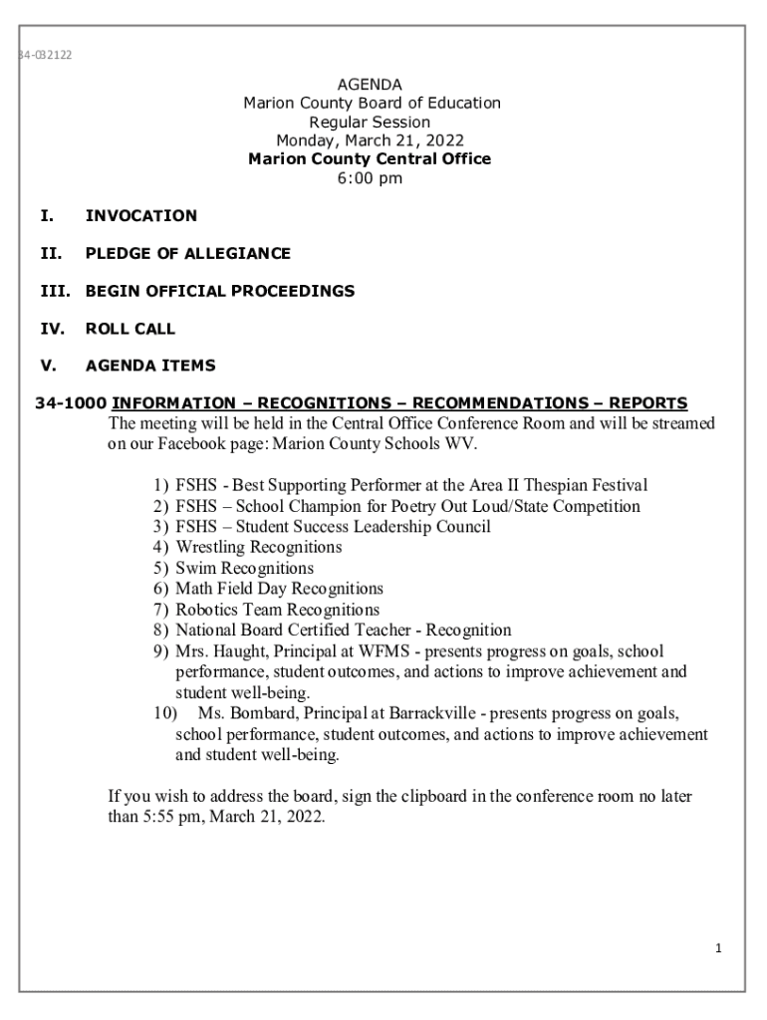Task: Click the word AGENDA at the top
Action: pos(370,85)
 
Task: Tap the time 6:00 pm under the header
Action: pos(370,178)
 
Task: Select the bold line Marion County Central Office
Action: pos(370,159)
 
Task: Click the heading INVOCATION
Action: pos(141,216)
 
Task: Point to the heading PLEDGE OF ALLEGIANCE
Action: pos(188,254)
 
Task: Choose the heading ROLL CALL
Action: pos(130,329)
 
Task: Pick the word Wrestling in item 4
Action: pos(210,547)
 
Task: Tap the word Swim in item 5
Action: pos(194,568)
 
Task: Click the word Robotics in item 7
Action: pos(207,610)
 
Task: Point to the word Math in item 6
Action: pos(193,589)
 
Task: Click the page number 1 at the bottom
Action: pos(716,948)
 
